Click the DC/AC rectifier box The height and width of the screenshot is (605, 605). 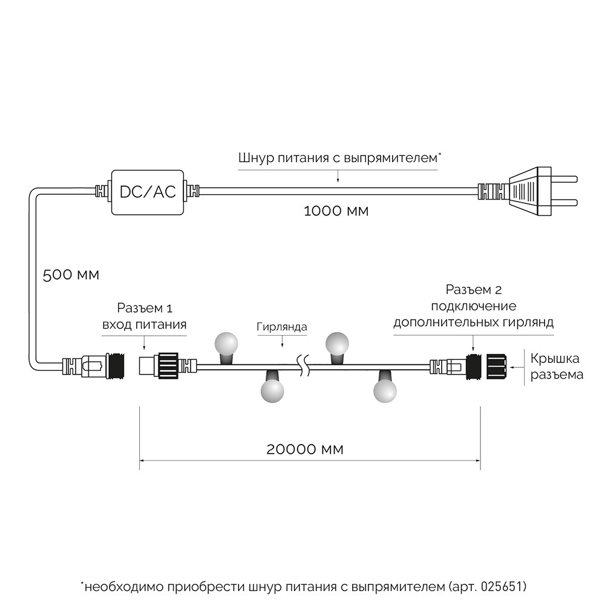148,192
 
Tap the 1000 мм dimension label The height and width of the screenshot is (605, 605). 335,212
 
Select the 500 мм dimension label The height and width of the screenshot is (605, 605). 71,274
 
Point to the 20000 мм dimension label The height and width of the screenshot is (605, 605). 305,450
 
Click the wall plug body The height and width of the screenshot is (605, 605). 529,192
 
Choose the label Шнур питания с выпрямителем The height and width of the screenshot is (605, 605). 338,159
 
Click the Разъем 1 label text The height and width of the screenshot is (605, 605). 143,307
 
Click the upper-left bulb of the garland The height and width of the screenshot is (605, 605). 229,343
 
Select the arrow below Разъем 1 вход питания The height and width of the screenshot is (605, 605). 143,342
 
